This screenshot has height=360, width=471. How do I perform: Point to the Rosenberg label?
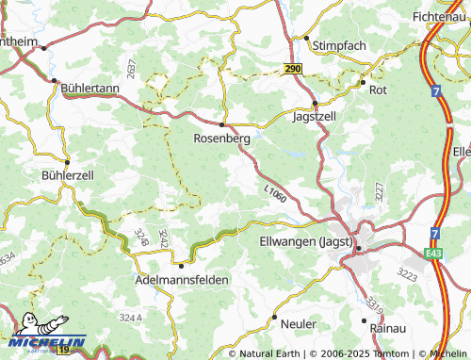tap(221, 138)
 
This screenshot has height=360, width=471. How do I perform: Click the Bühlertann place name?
tap(89, 88)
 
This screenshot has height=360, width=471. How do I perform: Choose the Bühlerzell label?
tap(68, 175)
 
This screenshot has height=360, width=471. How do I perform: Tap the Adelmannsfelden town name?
tap(182, 280)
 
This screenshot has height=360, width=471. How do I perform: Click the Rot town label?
tap(379, 90)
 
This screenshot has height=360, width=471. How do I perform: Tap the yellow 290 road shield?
tap(295, 69)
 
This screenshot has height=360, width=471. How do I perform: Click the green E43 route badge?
tap(432, 254)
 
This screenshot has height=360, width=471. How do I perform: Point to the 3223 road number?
tap(408, 274)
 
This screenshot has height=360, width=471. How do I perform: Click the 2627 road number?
tap(130, 69)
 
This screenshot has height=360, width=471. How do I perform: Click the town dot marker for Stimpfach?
tap(306, 39)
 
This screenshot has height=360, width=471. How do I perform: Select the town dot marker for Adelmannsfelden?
tap(181, 266)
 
